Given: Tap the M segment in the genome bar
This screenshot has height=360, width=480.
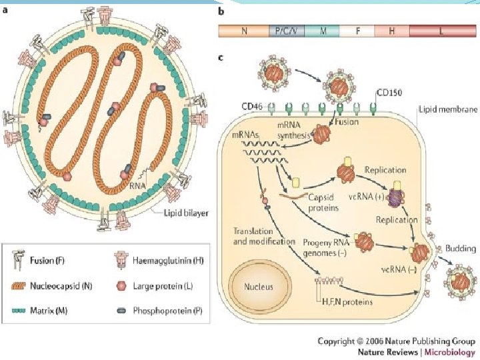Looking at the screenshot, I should (323, 31).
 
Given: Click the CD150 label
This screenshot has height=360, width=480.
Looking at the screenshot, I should (389, 95).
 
